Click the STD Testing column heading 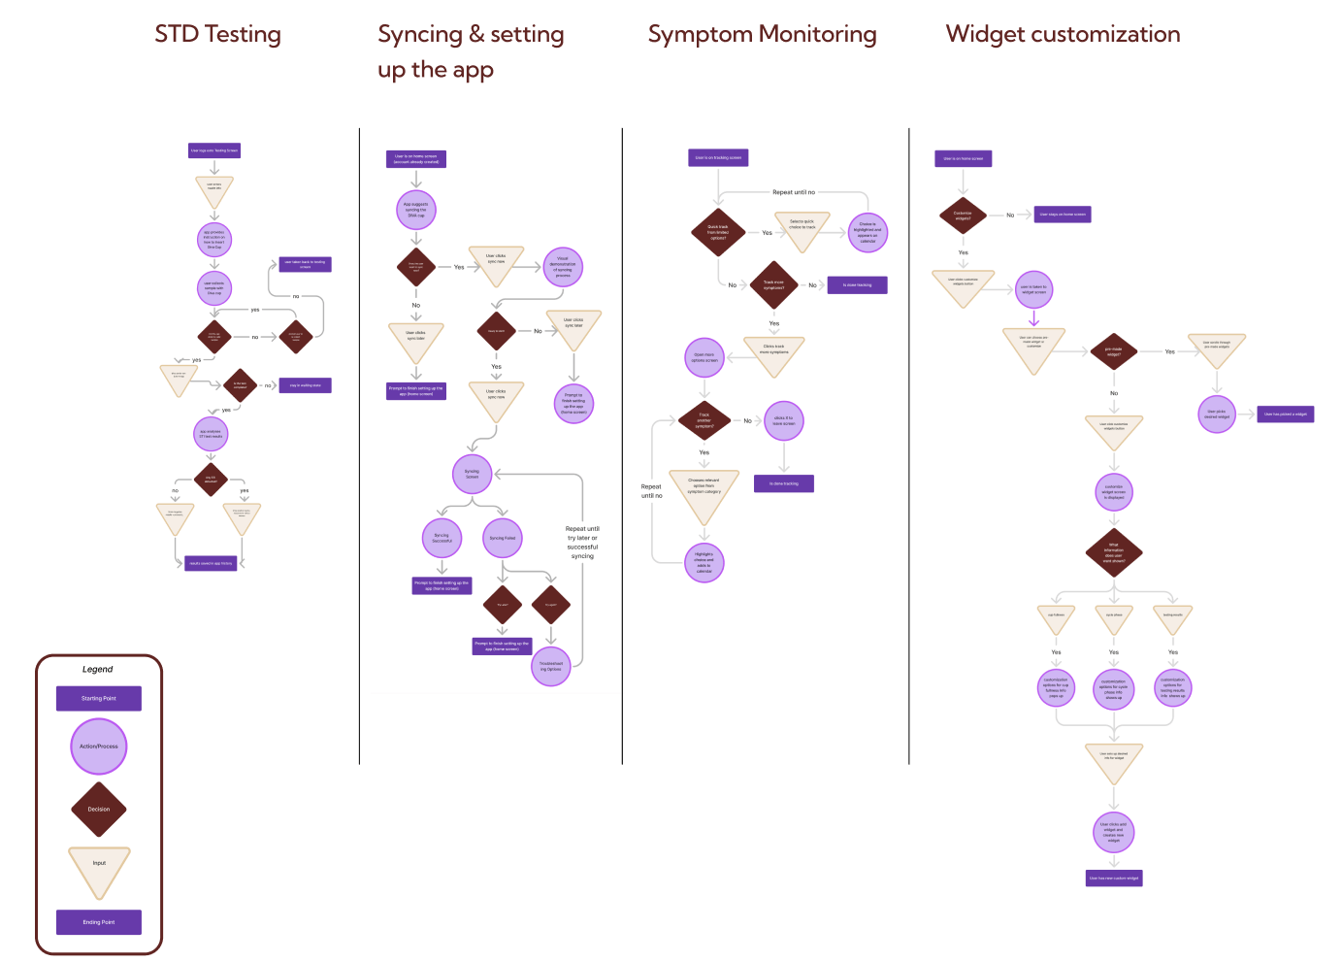[x=217, y=35]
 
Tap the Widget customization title [x=1063, y=35]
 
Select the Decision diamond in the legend [x=99, y=809]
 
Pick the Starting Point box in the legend [x=99, y=698]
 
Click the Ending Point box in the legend [x=99, y=922]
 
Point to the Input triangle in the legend [x=99, y=867]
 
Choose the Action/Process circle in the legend [x=99, y=746]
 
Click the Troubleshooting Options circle [x=551, y=666]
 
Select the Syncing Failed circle [x=503, y=538]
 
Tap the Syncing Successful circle [x=442, y=538]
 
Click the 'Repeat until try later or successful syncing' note [x=582, y=543]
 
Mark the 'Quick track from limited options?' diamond [x=718, y=232]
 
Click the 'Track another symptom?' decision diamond [x=704, y=420]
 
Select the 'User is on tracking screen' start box [x=719, y=157]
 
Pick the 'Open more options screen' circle [x=704, y=357]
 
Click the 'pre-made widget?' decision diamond [x=1114, y=351]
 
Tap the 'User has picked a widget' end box [x=1286, y=415]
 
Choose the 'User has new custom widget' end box [x=1114, y=878]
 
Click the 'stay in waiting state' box [x=306, y=385]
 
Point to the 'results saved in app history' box [x=211, y=563]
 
